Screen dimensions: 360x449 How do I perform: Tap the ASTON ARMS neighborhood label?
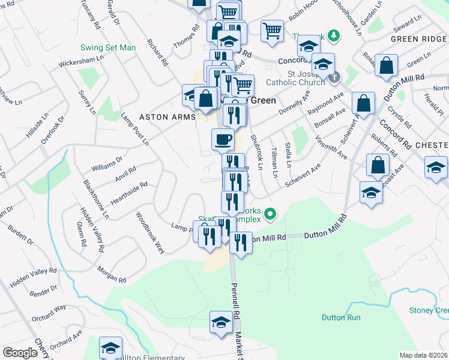[167, 116]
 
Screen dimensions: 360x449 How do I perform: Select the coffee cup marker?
[223, 140]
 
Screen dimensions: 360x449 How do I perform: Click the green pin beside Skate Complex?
[271, 213]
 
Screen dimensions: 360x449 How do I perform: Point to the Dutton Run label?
[340, 317]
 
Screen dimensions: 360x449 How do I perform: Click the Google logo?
[20, 353]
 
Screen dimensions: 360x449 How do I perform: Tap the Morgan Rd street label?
[112, 275]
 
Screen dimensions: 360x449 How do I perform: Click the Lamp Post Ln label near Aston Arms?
[134, 128]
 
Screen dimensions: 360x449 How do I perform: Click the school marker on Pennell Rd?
[221, 322]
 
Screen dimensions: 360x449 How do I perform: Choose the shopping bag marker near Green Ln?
[387, 65]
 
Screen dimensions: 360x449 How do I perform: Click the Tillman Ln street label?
[275, 162]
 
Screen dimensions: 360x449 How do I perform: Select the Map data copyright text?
[424, 355]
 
